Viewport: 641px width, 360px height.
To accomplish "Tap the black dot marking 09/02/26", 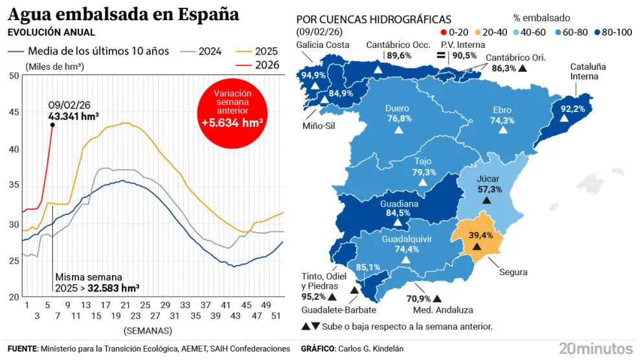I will click(52, 125).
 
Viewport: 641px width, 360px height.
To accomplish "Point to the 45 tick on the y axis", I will click(14, 112).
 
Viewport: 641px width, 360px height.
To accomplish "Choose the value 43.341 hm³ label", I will click(73, 117).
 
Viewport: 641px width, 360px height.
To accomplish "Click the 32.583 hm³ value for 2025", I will click(113, 287).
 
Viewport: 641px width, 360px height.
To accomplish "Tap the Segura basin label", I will click(513, 272).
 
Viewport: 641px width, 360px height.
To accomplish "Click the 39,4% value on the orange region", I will click(480, 235).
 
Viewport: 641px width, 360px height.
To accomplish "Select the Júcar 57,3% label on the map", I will click(489, 184).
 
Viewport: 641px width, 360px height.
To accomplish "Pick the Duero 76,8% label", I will click(399, 114).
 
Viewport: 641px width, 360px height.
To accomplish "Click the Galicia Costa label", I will click(322, 45).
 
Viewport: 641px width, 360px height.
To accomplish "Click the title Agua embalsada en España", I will click(123, 14).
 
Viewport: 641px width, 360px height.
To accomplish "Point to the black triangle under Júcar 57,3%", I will click(487, 201).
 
